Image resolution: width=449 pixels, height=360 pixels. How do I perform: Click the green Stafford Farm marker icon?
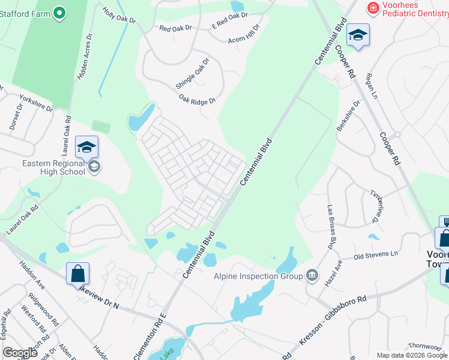59,12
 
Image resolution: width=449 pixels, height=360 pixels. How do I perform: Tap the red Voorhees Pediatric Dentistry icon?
373,8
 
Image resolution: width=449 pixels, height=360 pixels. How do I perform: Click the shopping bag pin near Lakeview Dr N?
78,274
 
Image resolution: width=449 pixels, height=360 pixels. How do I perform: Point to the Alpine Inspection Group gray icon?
312,276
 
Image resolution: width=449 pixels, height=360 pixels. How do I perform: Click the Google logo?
20,353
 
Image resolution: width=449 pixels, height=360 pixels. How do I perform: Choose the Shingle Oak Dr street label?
193,74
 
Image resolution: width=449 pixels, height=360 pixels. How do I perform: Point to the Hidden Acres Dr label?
83,56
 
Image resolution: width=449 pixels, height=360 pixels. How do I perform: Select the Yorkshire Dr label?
36,103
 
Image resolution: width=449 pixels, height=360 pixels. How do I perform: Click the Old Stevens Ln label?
376,256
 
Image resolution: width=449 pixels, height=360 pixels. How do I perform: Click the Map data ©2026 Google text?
412,355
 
